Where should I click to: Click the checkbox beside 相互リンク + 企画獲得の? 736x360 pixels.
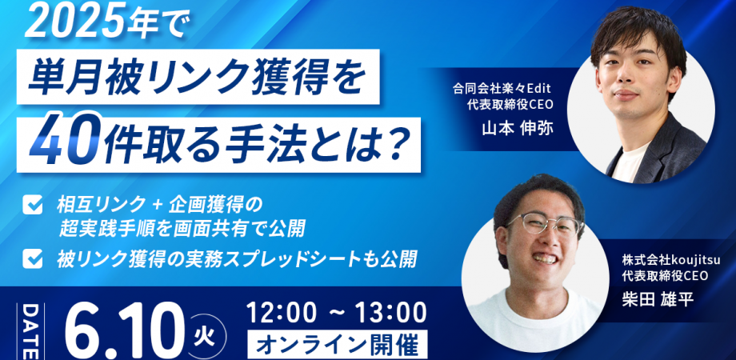(32, 206)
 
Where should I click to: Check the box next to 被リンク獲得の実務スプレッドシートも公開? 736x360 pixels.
(32, 259)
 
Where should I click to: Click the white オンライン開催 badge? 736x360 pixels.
(338, 345)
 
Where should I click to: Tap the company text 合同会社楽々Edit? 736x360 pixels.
(501, 89)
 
